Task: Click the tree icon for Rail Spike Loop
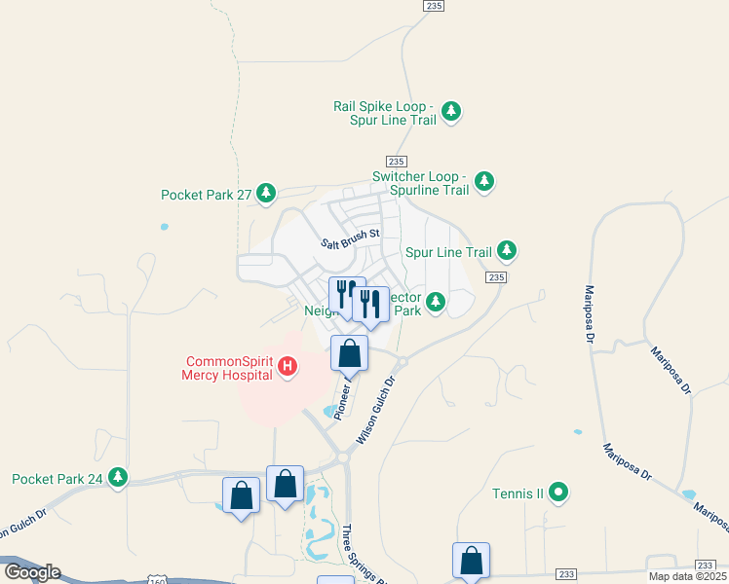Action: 451,111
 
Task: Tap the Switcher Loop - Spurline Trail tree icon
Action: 484,181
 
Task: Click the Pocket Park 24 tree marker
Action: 118,477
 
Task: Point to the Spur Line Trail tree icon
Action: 507,251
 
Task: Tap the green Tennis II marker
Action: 558,493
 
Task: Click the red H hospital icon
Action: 288,367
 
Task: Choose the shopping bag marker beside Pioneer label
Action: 350,353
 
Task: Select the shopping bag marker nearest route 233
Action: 471,561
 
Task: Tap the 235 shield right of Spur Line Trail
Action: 496,277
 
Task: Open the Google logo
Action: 32,572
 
